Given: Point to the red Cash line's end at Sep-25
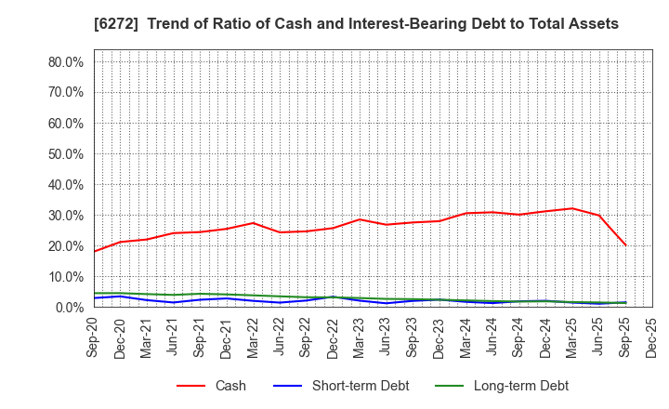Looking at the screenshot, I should click(x=625, y=245).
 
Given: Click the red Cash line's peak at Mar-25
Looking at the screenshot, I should click(x=572, y=208).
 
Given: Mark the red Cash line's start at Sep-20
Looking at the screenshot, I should click(x=94, y=251).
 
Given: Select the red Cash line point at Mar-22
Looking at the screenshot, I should click(x=254, y=223).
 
